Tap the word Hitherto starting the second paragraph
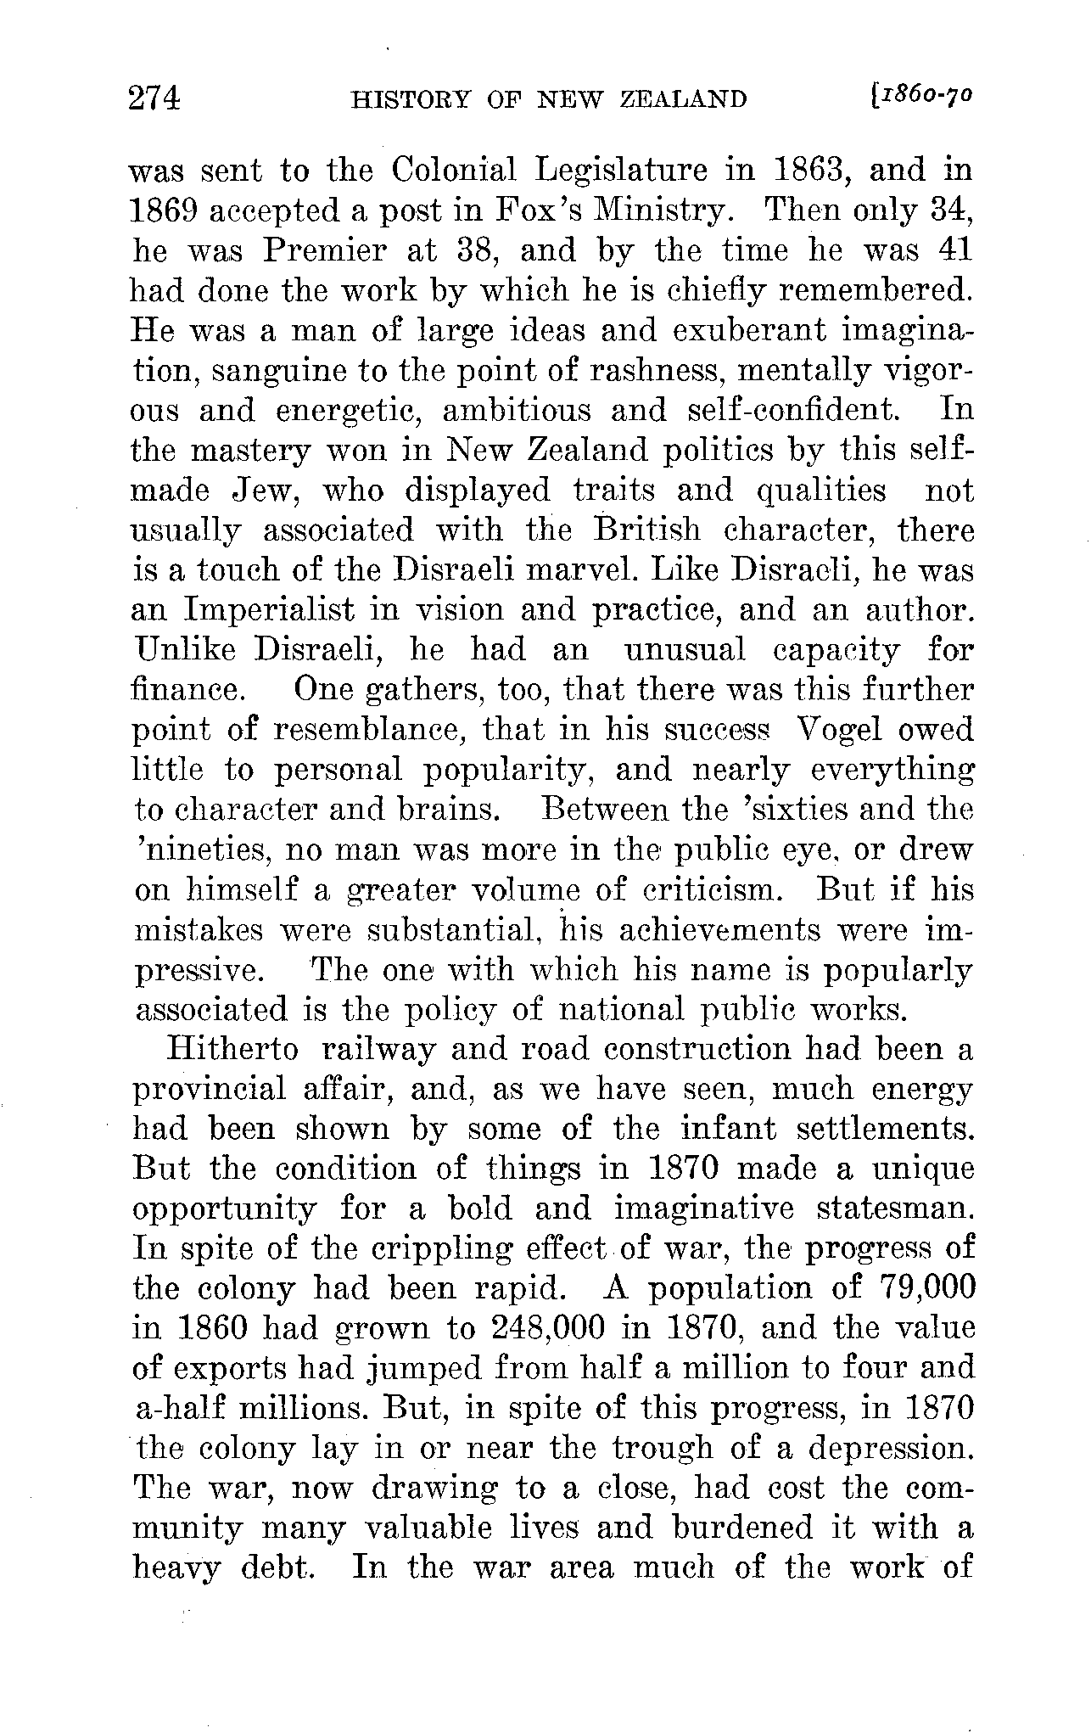pyautogui.click(x=233, y=1050)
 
